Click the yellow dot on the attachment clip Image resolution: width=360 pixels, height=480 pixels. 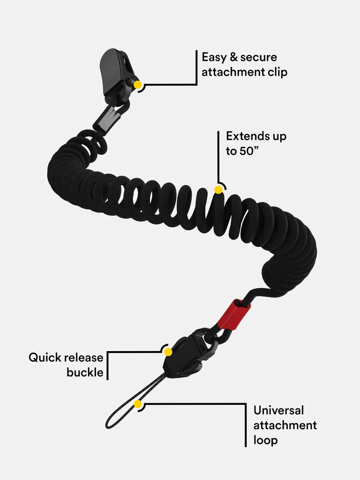(138, 85)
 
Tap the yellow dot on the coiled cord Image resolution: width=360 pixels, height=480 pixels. (218, 189)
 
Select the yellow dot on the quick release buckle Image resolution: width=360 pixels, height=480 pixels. (168, 352)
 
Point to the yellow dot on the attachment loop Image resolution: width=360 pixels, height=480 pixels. (137, 404)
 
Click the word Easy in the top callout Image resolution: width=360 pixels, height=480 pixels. (215, 58)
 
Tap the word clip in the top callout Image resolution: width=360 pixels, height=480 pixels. (277, 72)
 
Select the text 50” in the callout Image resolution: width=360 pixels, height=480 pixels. (250, 151)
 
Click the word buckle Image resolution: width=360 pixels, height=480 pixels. (85, 373)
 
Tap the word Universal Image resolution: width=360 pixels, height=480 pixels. (278, 410)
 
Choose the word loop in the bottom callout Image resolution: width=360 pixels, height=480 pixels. (265, 441)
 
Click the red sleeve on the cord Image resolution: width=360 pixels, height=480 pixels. (233, 315)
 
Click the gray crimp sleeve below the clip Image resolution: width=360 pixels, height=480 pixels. (106, 119)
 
